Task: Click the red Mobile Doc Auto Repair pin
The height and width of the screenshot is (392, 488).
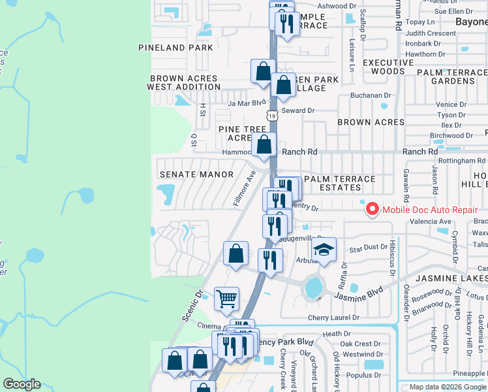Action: (373, 209)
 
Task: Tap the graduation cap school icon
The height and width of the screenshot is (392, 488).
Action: (324, 250)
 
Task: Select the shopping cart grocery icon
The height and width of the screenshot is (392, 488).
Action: (226, 299)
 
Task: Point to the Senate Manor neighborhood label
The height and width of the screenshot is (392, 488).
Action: (196, 174)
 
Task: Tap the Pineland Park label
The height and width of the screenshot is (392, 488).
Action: (175, 48)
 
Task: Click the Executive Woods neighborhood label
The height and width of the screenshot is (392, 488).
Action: (388, 67)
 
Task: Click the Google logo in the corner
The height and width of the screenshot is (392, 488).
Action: (22, 384)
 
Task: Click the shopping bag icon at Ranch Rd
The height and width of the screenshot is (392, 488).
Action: (264, 145)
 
